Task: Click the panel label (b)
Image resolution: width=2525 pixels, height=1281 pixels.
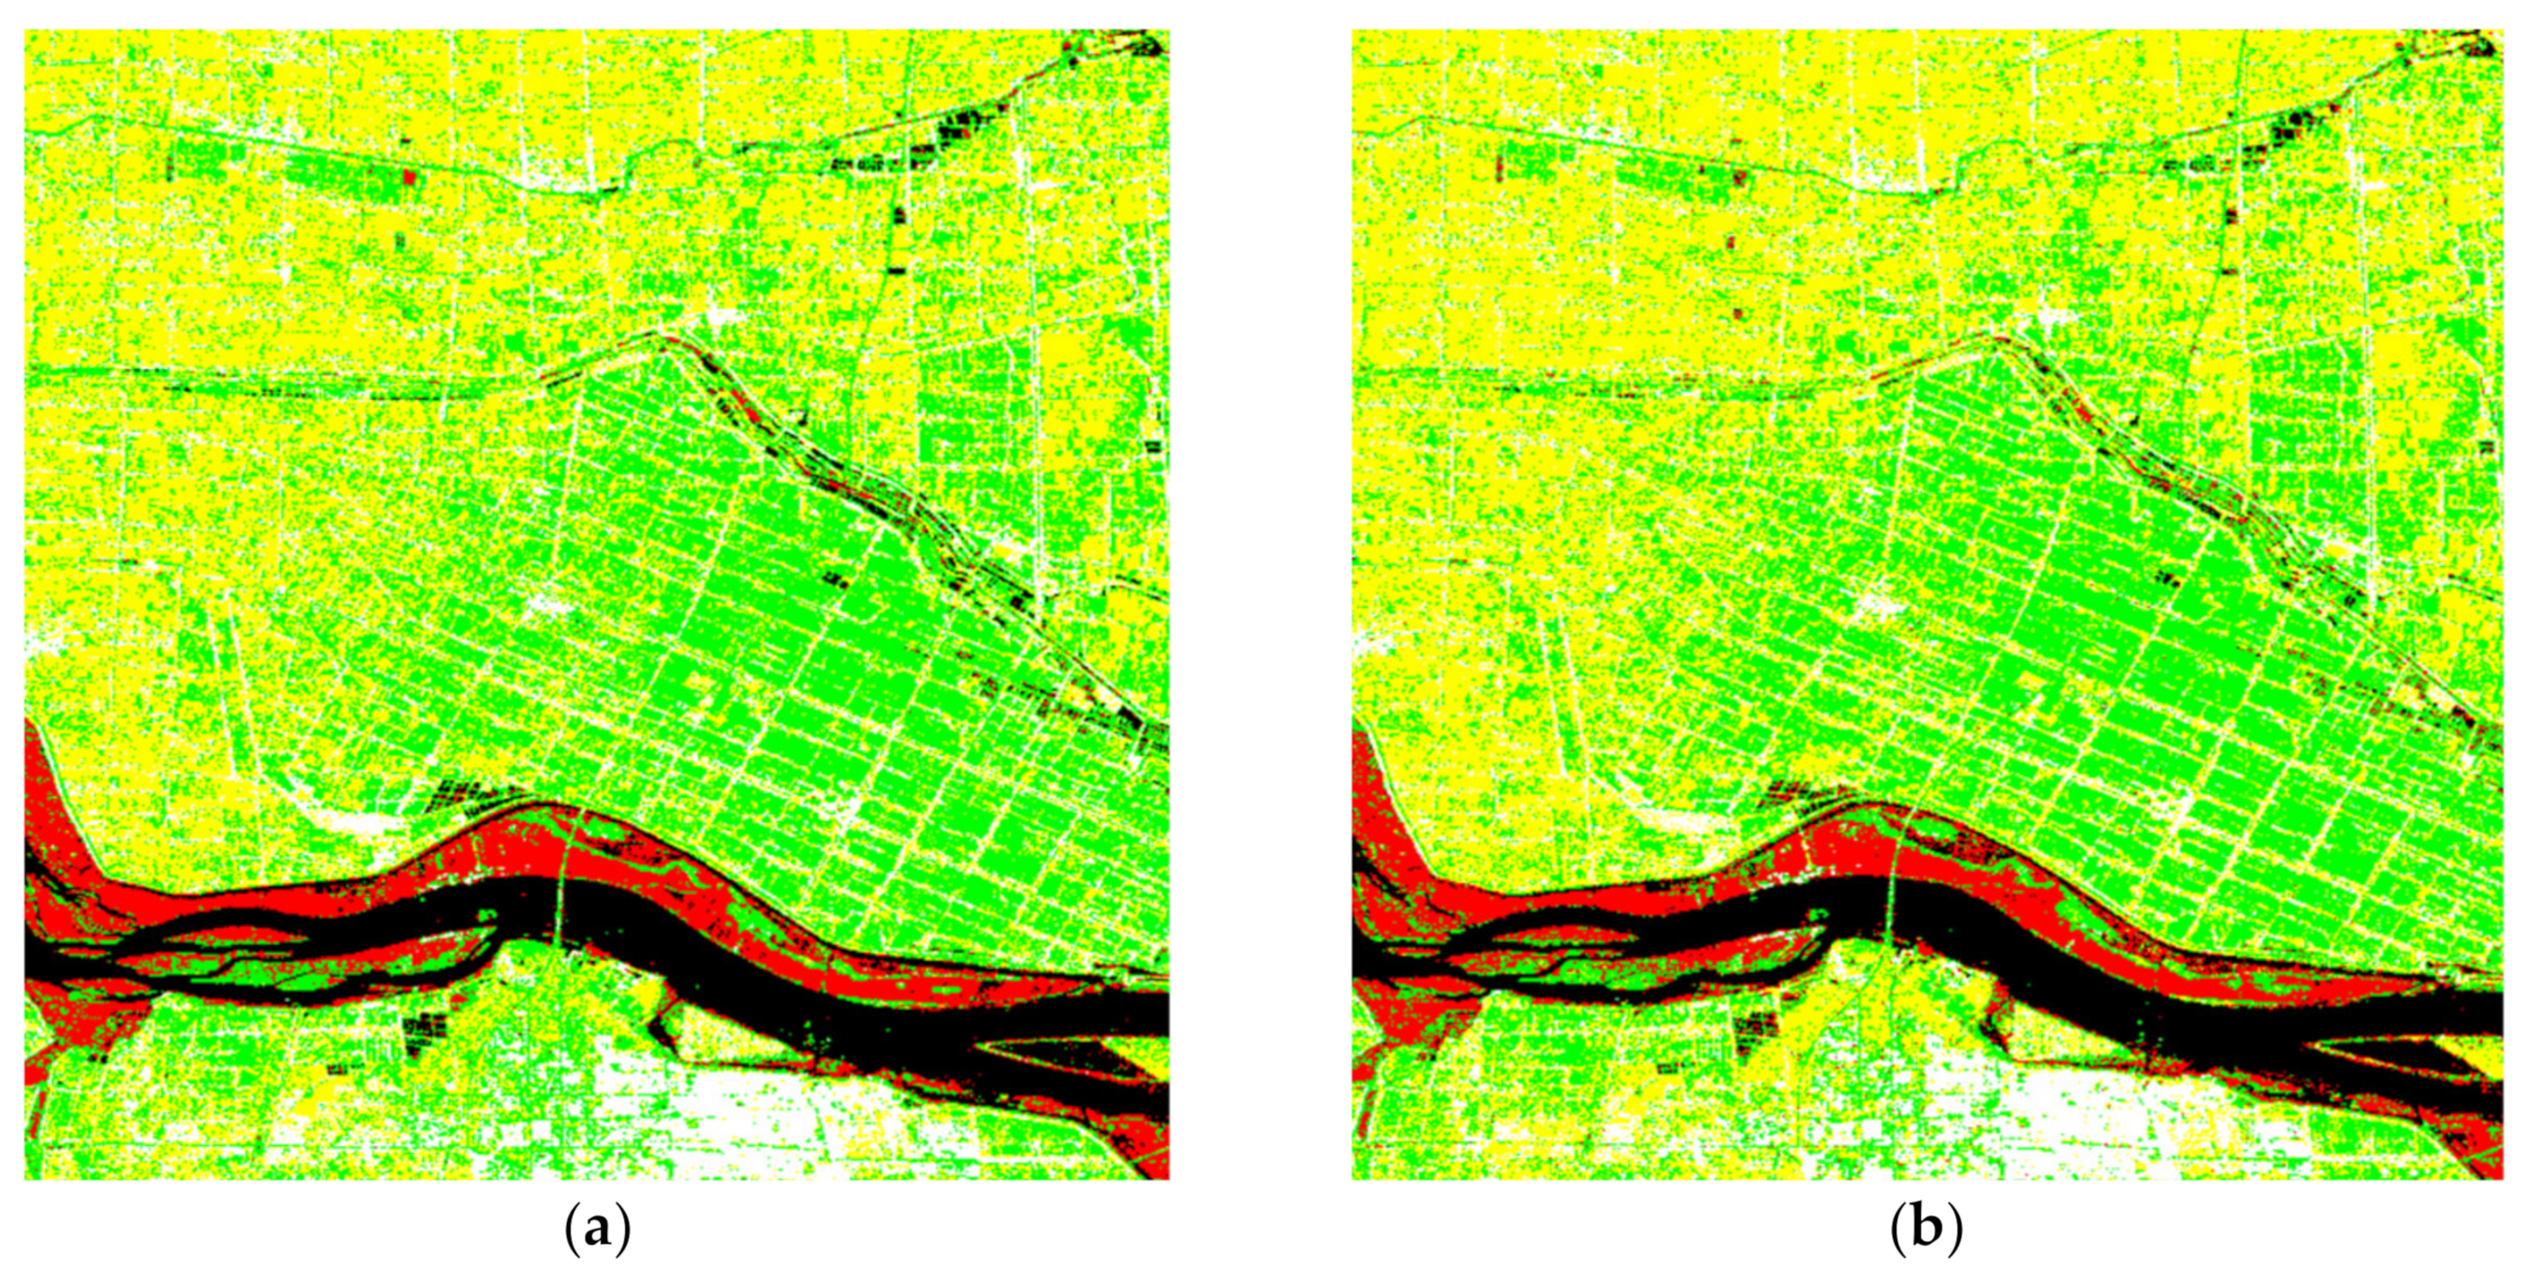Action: [1926, 1229]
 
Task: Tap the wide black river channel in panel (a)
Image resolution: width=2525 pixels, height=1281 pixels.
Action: [745, 970]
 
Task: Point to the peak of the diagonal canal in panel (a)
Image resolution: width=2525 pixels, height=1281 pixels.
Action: [663, 338]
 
